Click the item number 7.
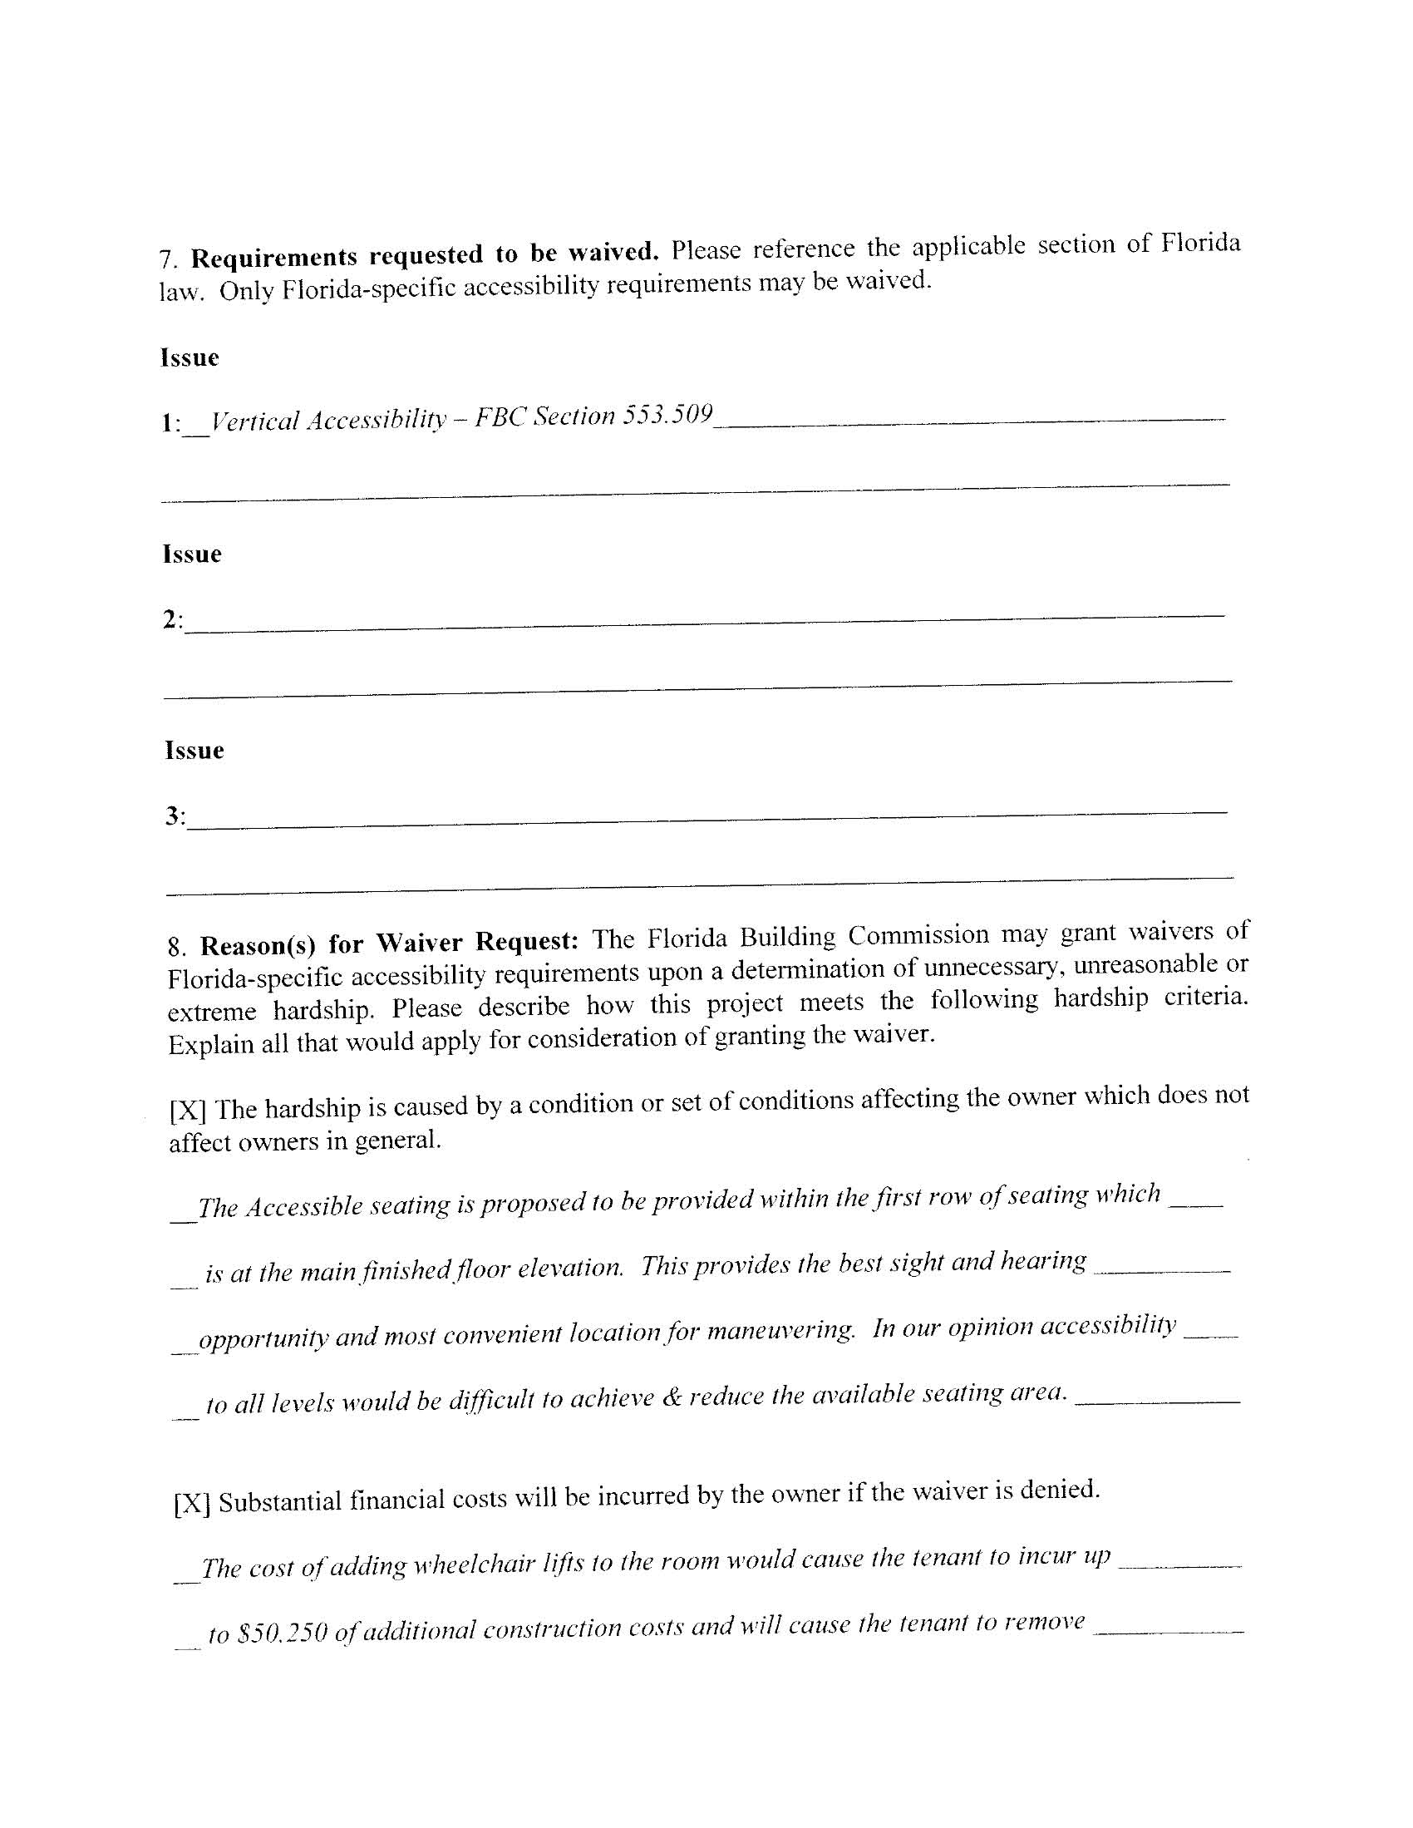[x=167, y=259]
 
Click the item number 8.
[x=175, y=948]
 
